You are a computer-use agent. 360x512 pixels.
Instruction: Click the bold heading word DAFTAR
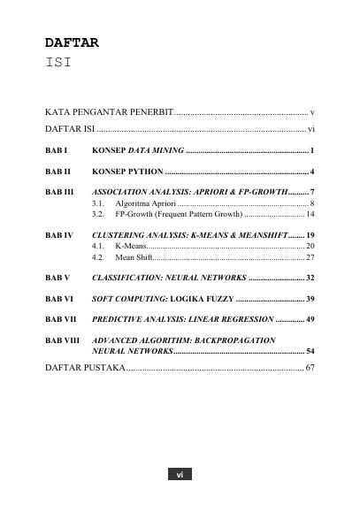73,42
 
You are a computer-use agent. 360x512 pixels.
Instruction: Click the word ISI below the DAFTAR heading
59,64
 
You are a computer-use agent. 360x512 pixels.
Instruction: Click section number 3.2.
98,215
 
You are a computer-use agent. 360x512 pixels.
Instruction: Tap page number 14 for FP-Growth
310,215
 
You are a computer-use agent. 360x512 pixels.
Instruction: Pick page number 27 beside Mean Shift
310,257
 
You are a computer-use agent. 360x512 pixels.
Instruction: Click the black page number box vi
180,475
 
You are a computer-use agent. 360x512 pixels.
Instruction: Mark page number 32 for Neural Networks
310,279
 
